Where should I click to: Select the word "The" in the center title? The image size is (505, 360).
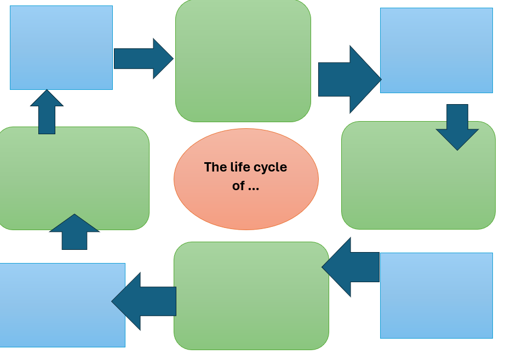[x=215, y=167]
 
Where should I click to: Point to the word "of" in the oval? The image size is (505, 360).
[x=238, y=186]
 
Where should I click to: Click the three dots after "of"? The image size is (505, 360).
[x=253, y=187]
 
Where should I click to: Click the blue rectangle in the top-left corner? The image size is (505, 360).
[x=61, y=48]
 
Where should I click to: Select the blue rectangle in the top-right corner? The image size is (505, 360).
[x=436, y=50]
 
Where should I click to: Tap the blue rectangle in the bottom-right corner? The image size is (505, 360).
[x=436, y=295]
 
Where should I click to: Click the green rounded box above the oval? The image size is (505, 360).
[x=243, y=60]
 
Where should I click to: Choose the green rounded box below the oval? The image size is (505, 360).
[x=251, y=296]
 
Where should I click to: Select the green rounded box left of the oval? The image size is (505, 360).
[x=74, y=178]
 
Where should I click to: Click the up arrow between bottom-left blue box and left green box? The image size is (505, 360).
[x=74, y=232]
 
